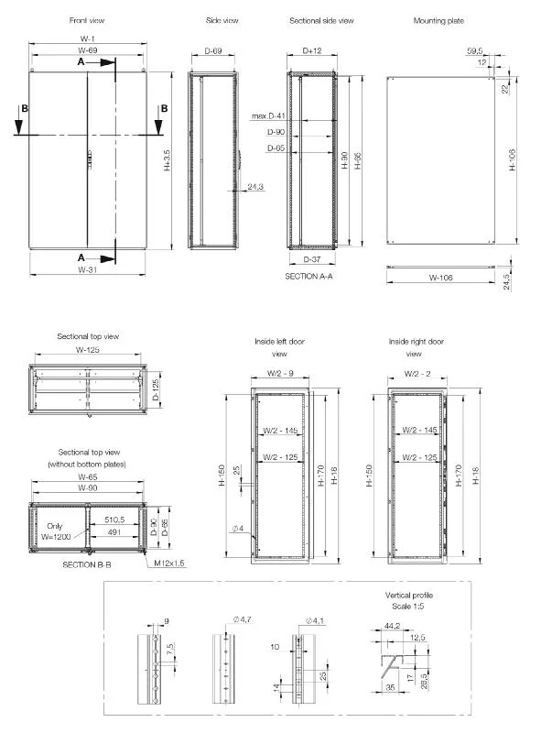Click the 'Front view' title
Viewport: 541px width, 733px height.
(86, 20)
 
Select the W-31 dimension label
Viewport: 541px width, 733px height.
(87, 270)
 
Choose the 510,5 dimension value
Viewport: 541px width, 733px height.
(114, 518)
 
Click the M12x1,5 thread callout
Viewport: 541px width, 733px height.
(169, 563)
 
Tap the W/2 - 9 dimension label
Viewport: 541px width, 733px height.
(279, 373)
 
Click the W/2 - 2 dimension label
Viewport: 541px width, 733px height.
(416, 373)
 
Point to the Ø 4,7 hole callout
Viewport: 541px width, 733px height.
(243, 620)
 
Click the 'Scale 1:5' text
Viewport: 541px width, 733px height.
(409, 606)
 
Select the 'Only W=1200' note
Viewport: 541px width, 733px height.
(59, 531)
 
